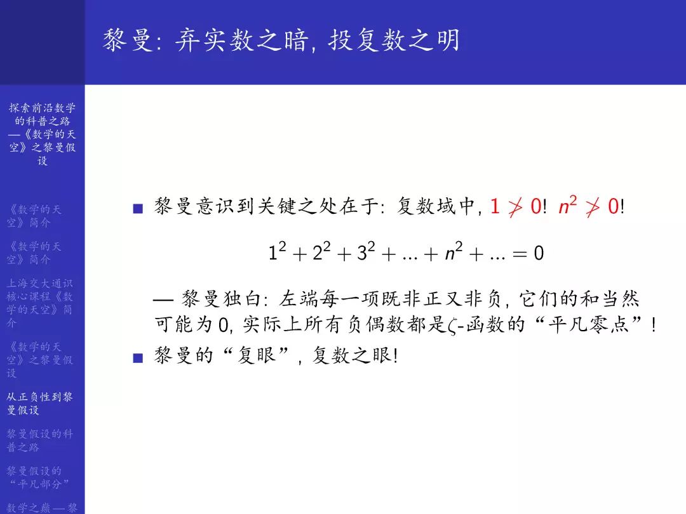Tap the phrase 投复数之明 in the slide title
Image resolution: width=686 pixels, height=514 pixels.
point(394,41)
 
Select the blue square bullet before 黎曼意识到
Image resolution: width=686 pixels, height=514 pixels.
point(137,208)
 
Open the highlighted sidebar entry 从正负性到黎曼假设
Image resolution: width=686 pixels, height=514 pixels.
point(40,404)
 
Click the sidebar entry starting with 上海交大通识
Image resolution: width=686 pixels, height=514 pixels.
point(40,303)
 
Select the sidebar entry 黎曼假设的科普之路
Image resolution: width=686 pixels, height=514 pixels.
point(40,440)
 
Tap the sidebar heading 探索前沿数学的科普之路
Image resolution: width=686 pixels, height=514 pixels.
point(42,134)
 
